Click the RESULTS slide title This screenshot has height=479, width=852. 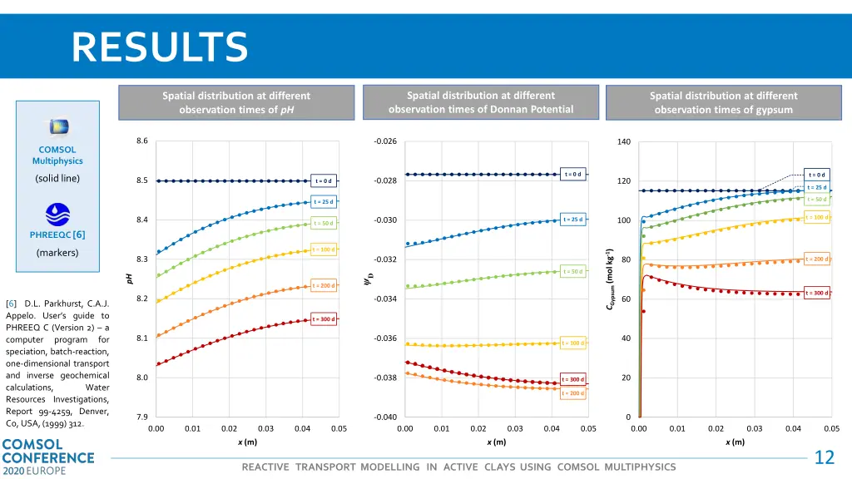click(159, 47)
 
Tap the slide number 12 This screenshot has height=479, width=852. click(824, 457)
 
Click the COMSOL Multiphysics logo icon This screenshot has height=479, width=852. click(57, 127)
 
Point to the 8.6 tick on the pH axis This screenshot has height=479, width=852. click(142, 141)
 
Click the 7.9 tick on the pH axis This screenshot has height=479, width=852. click(142, 417)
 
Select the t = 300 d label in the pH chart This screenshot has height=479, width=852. click(324, 319)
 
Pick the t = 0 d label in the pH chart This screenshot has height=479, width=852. click(324, 180)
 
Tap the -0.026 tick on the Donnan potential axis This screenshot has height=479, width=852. click(386, 141)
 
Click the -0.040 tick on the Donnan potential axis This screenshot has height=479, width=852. click(386, 417)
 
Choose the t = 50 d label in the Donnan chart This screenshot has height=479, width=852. click(572, 271)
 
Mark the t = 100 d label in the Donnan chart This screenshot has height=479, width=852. click(572, 343)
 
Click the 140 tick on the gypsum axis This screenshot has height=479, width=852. click(624, 141)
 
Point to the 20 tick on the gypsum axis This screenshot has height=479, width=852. click(627, 378)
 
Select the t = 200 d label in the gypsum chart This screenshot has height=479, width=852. click(818, 259)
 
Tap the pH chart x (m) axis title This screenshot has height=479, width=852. click(247, 442)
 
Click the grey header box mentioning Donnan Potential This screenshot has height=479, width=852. click(480, 102)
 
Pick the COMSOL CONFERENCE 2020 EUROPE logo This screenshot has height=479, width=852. click(47, 457)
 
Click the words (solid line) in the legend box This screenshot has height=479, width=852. click(57, 179)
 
